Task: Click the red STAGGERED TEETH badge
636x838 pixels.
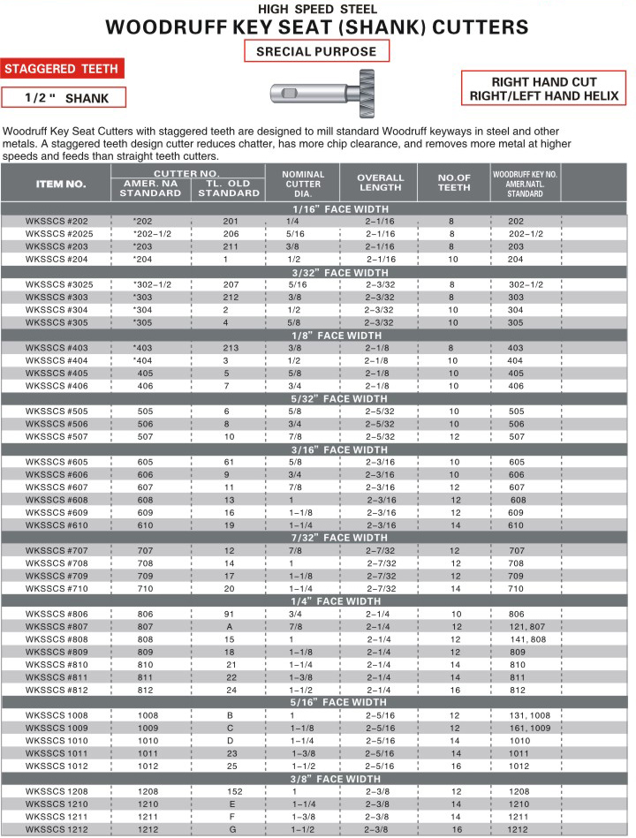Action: [x=63, y=69]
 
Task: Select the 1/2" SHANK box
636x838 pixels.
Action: [x=63, y=98]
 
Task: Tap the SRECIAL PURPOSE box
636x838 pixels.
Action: [x=316, y=52]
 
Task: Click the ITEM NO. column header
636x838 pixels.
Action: [x=61, y=184]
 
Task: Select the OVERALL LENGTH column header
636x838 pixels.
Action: [x=380, y=183]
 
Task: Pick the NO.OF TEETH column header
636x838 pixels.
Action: [x=454, y=183]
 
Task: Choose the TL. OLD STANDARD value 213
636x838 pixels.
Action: [x=231, y=348]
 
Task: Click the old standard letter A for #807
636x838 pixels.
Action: [x=227, y=627]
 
